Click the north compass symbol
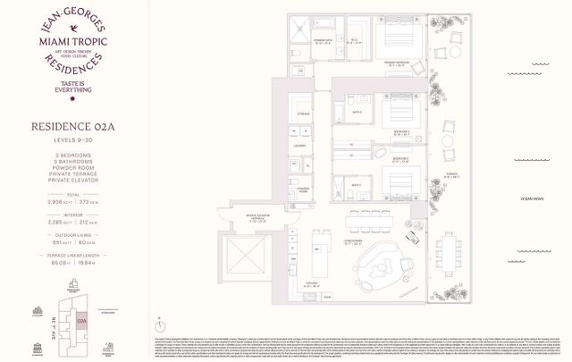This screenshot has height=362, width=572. [x=158, y=319]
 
